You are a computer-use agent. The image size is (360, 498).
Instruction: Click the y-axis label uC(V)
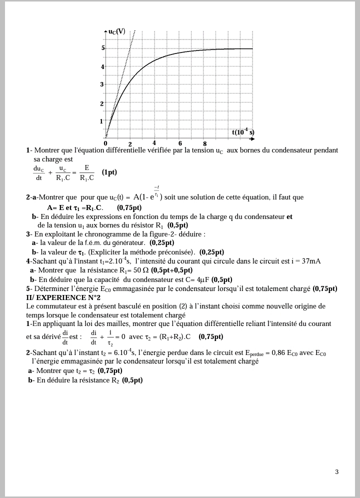tap(117, 31)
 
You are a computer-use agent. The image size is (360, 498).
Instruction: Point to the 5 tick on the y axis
tap(103, 48)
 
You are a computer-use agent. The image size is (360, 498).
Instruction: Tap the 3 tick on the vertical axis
tap(101, 84)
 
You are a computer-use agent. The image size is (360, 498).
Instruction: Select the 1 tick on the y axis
tap(101, 121)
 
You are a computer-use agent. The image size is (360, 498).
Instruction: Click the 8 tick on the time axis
tap(204, 144)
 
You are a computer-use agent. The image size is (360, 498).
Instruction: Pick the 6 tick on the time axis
tap(180, 143)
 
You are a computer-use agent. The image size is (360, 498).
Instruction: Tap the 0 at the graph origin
tap(105, 143)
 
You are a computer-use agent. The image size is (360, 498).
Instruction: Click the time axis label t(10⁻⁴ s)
tap(243, 132)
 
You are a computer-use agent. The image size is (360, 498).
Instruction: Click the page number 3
tap(336, 471)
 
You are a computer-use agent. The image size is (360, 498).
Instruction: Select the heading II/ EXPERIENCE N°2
tap(59, 297)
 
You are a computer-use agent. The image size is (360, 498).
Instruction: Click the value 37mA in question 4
tap(311, 261)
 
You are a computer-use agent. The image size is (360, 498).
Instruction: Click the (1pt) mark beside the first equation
tap(109, 172)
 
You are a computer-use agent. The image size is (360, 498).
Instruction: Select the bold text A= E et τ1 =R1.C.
tap(74, 207)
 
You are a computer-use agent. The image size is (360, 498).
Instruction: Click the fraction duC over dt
tap(38, 173)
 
